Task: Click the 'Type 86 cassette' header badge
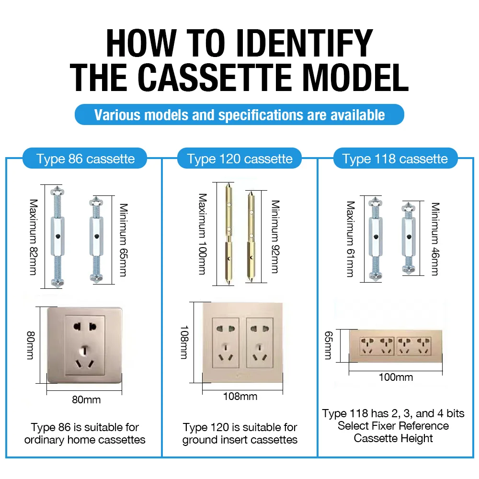(85, 159)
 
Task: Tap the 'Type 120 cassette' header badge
(239, 159)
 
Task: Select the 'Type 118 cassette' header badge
(395, 159)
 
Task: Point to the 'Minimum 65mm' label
(123, 240)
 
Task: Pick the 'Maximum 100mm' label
(203, 234)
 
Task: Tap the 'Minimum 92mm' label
(275, 236)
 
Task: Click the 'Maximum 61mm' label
(351, 239)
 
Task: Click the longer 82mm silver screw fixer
(57, 236)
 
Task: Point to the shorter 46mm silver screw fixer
(408, 238)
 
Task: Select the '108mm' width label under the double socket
(240, 396)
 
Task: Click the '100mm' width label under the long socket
(396, 377)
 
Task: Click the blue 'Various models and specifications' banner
(239, 115)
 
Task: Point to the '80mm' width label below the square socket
(86, 399)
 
